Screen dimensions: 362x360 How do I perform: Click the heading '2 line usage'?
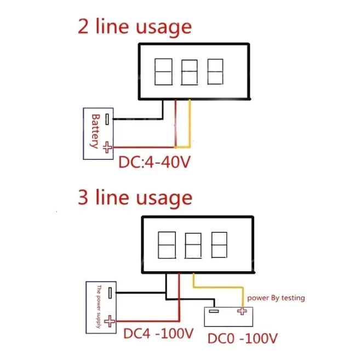134,26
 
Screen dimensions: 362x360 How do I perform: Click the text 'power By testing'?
276,298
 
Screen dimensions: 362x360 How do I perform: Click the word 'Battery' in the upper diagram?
94,131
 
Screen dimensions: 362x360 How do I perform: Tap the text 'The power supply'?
99,308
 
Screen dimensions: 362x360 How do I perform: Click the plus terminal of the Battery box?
108,147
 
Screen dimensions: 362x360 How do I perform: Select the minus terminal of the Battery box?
108,118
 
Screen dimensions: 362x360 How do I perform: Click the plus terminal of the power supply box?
111,323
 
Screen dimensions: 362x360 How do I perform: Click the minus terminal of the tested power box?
214,312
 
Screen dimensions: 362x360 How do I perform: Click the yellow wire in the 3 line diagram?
219,289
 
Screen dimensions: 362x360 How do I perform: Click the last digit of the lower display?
219,245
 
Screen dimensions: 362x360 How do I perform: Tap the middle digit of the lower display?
193,246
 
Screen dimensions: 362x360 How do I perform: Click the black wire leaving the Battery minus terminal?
137,117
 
